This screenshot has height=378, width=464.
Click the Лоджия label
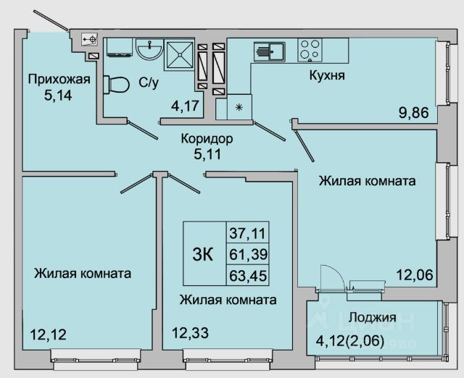pyautogui.click(x=372, y=317)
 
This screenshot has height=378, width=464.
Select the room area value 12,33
pyautogui.click(x=188, y=334)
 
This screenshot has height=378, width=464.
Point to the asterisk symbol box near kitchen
pyautogui.click(x=239, y=106)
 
